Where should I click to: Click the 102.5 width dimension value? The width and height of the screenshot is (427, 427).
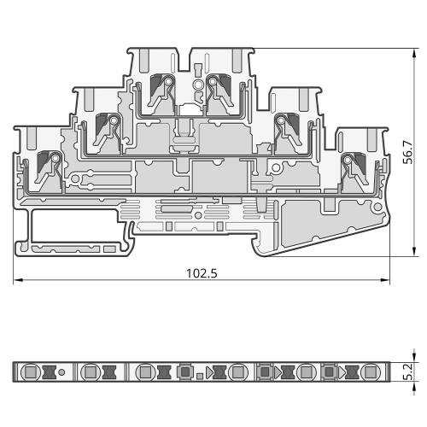point(202,273)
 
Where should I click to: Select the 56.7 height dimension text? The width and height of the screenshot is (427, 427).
point(409,152)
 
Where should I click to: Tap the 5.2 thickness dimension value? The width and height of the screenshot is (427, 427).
point(409,371)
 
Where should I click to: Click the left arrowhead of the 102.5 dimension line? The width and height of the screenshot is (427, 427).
point(18,280)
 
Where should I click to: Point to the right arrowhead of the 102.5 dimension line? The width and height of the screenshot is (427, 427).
point(385,280)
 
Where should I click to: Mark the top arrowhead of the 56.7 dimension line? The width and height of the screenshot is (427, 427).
point(414,53)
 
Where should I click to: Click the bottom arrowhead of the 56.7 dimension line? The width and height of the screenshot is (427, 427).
point(414,252)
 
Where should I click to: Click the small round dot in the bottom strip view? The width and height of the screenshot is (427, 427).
point(61,372)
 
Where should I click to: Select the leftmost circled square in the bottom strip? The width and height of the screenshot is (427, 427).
point(30,371)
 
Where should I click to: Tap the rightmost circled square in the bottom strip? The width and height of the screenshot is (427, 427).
point(370,371)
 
